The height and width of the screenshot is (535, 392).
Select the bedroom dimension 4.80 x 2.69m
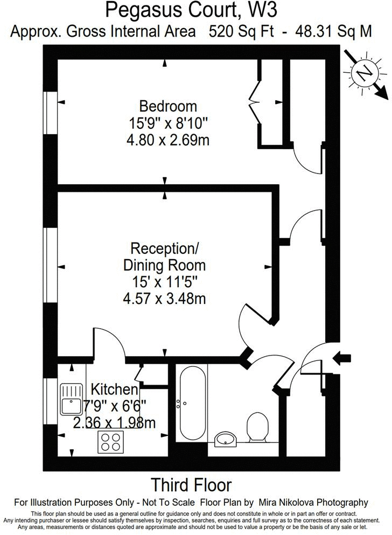point(168,141)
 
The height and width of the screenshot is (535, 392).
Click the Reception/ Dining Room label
point(164,256)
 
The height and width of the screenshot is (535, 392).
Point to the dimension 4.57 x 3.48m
point(164,298)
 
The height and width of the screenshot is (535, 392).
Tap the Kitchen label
point(114,389)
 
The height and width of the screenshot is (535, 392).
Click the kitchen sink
point(71,399)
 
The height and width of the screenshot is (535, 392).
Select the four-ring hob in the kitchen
point(110,442)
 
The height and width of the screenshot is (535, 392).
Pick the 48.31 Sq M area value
point(334,31)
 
